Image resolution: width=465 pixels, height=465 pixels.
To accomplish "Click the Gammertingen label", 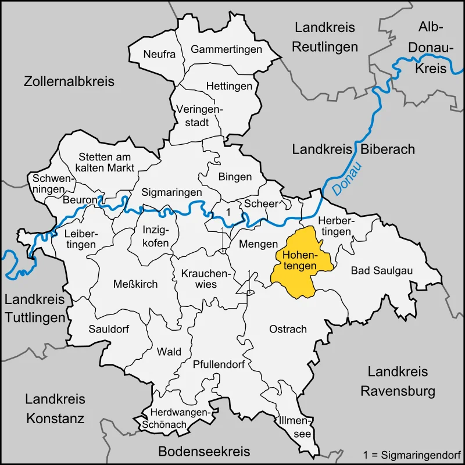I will [226, 49].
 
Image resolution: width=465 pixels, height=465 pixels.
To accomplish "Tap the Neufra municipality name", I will [159, 54].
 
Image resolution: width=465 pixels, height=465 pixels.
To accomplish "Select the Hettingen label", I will [229, 86].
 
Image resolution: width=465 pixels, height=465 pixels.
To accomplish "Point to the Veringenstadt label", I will [199, 115].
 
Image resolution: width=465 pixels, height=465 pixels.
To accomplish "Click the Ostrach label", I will [288, 329].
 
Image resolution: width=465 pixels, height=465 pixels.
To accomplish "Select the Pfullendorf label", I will [219, 364].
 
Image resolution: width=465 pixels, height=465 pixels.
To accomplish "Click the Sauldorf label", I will [109, 328].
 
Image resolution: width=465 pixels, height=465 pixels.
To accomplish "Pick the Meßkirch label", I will [135, 284].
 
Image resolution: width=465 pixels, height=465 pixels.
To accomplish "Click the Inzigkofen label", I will [156, 235].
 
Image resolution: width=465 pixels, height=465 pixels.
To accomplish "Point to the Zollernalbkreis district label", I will [69, 81].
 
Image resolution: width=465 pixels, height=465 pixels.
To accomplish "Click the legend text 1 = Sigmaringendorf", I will [412, 453].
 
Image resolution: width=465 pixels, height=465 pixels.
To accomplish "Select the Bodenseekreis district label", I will [204, 451].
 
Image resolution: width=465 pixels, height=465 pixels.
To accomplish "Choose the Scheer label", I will [261, 203].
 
